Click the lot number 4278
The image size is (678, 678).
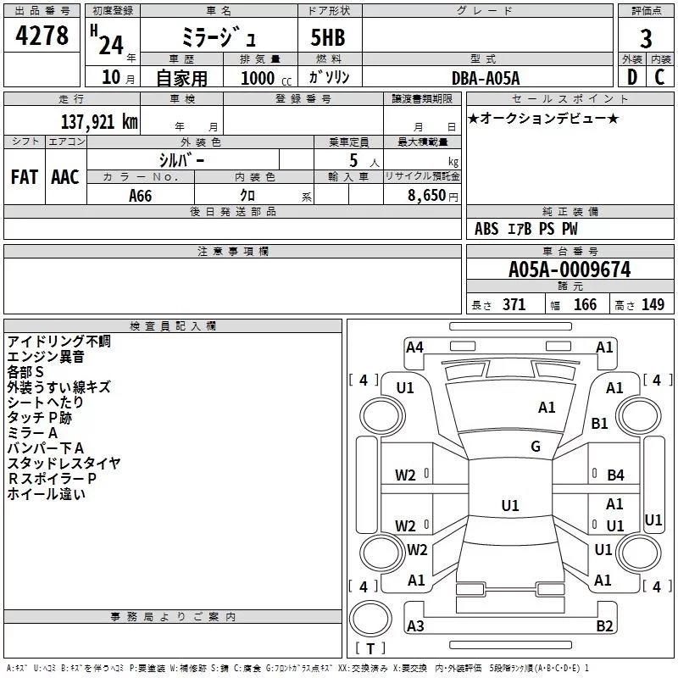pyautogui.click(x=42, y=36)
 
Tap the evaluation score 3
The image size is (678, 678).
pyautogui.click(x=646, y=38)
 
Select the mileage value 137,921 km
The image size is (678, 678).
pyautogui.click(x=99, y=121)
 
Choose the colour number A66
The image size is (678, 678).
pyautogui.click(x=141, y=196)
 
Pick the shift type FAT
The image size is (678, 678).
pyautogui.click(x=25, y=177)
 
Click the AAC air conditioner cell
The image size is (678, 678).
pyautogui.click(x=65, y=177)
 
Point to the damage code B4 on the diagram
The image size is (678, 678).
pyautogui.click(x=615, y=475)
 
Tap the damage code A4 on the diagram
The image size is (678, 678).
pyautogui.click(x=414, y=347)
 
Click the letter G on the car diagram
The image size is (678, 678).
pyautogui.click(x=536, y=447)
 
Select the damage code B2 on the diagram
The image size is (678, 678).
pyautogui.click(x=604, y=626)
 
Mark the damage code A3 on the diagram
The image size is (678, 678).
pyautogui.click(x=415, y=626)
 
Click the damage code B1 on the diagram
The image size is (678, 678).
pyautogui.click(x=600, y=423)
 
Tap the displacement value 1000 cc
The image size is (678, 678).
pyautogui.click(x=259, y=78)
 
